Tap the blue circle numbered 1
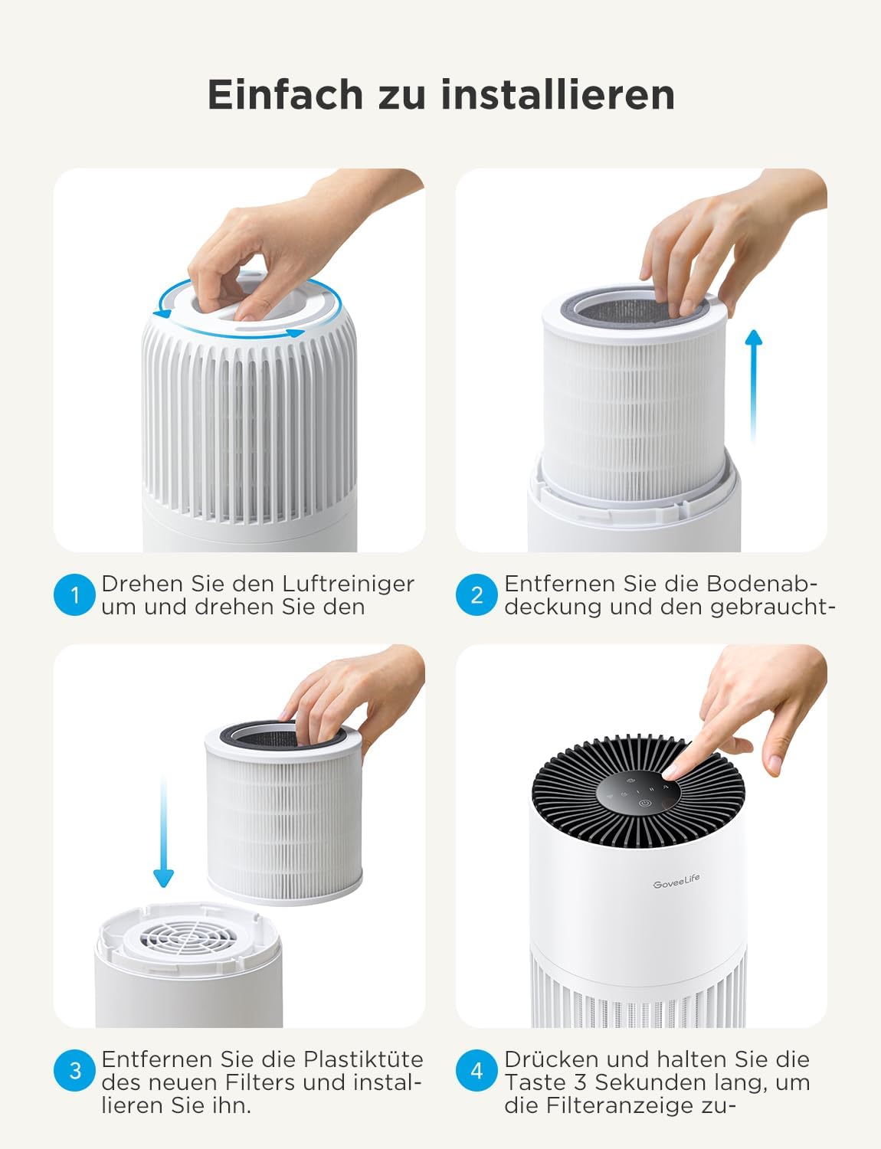pyautogui.click(x=74, y=595)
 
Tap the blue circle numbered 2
pyautogui.click(x=477, y=595)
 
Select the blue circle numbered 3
pyautogui.click(x=74, y=1070)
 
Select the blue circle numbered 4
pyautogui.click(x=477, y=1070)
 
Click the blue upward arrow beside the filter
pyautogui.click(x=754, y=383)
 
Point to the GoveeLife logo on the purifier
pyautogui.click(x=676, y=882)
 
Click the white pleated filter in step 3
pyautogui.click(x=283, y=827)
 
